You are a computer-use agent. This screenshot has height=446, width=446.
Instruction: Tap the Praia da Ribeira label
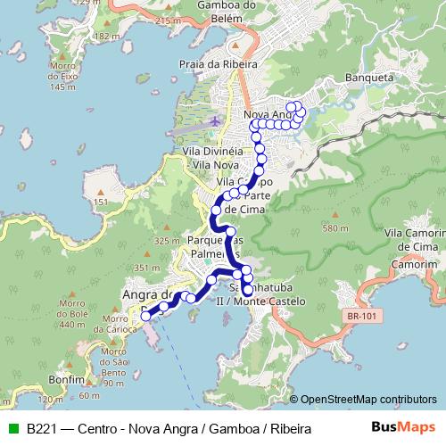(219, 64)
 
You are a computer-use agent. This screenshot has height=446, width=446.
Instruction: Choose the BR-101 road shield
(359, 313)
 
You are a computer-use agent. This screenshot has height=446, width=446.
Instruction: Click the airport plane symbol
(214, 120)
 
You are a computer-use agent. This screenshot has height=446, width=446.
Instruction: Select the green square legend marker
(12, 429)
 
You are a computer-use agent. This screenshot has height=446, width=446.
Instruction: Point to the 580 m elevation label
(334, 229)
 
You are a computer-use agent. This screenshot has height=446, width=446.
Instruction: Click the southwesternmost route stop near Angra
(145, 315)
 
